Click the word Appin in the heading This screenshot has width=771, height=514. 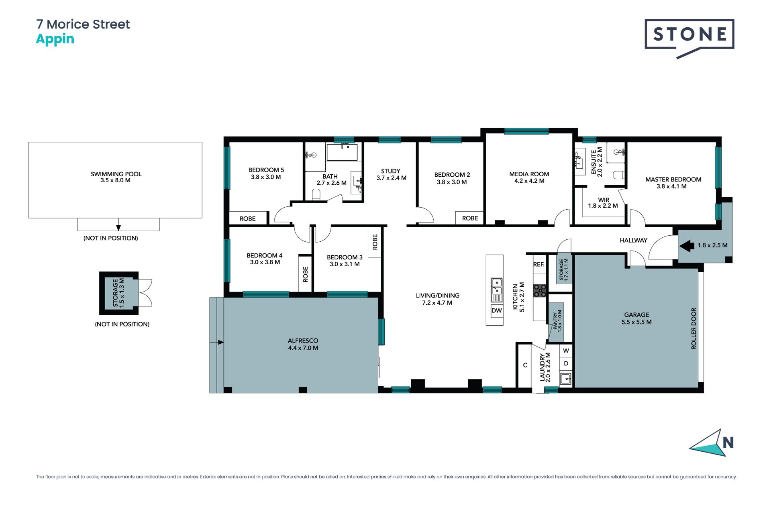click(x=55, y=40)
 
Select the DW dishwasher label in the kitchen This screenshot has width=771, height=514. click(x=497, y=310)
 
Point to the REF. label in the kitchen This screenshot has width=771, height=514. click(x=539, y=264)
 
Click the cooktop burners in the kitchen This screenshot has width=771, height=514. click(x=540, y=290)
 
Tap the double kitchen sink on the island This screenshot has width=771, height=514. click(x=497, y=290)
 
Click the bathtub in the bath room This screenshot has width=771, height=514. click(x=342, y=153)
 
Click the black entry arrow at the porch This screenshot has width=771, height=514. click(x=687, y=245)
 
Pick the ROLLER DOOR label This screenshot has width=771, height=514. click(x=693, y=328)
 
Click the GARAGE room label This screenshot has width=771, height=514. click(x=636, y=315)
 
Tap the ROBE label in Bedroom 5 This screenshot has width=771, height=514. click(x=247, y=218)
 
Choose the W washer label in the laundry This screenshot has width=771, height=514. click(x=566, y=351)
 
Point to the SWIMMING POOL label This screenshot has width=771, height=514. click(x=116, y=174)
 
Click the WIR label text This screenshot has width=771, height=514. click(x=604, y=200)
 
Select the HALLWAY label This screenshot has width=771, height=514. click(x=633, y=240)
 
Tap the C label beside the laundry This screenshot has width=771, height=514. click(x=525, y=365)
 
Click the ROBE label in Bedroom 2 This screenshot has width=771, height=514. click(x=470, y=218)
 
